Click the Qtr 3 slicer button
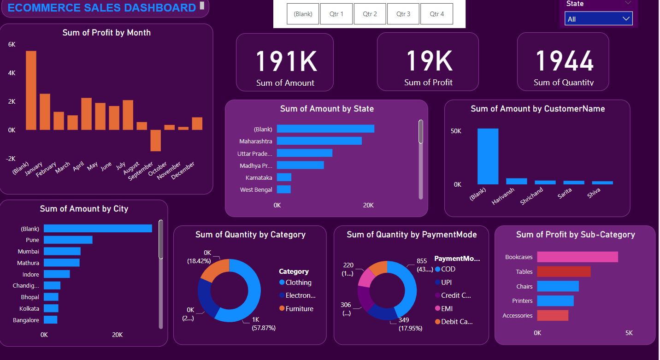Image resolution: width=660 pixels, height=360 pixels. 403,14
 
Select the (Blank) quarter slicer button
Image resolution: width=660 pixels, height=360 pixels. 303,14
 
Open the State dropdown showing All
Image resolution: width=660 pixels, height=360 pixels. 598,19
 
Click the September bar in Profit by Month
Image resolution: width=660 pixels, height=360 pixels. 155,140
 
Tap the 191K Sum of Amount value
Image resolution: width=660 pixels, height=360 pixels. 286,61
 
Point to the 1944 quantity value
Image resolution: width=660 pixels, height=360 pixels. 564,61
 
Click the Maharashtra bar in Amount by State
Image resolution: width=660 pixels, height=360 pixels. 319,141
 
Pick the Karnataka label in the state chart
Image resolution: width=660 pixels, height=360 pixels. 259,177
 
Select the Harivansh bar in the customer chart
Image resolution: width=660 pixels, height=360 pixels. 516,181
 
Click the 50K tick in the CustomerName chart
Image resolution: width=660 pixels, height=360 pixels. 456,131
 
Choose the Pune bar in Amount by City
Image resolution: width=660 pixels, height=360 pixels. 68,240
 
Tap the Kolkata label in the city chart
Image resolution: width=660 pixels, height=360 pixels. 29,308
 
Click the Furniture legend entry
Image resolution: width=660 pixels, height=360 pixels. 299,309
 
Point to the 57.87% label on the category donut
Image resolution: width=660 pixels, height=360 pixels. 263,328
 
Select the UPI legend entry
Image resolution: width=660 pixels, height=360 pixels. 446,282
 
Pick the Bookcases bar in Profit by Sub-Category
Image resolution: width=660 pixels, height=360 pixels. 577,257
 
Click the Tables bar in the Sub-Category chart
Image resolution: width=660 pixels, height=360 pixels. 563,271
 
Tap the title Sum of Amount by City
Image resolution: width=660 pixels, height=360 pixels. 84,209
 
